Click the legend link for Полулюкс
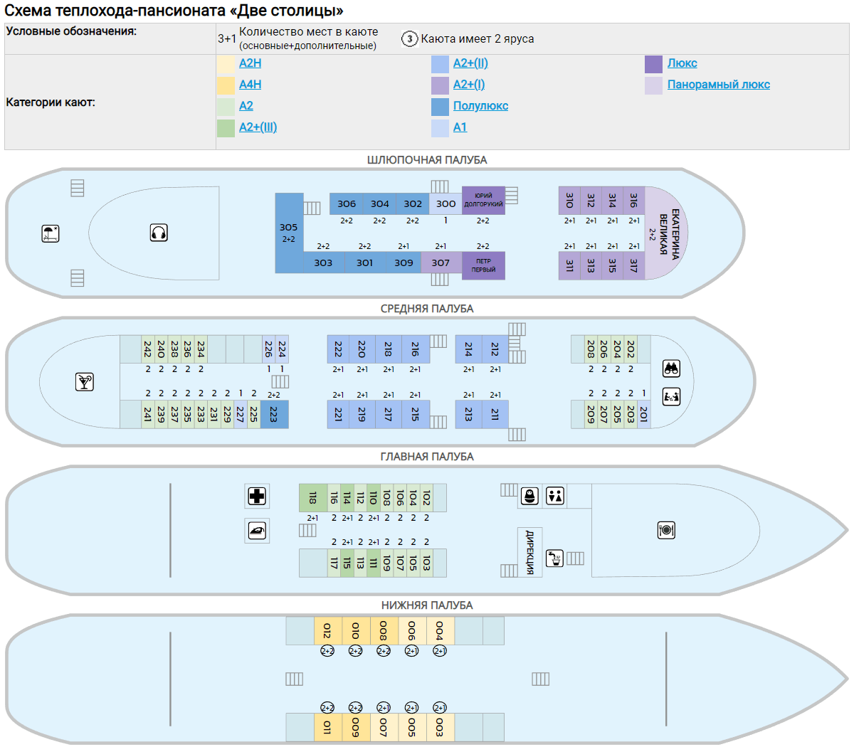480,106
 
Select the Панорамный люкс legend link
718,85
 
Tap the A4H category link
250,85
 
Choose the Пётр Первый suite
483,265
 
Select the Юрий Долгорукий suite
483,200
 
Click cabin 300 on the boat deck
446,203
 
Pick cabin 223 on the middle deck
274,414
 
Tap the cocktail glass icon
85,382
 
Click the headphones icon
159,233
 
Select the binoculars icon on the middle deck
671,369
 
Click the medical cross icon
257,496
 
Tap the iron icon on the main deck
257,530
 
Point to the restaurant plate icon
666,530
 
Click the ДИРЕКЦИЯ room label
529,551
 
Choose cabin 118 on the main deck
312,498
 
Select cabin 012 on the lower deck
327,631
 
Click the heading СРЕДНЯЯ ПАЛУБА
426,309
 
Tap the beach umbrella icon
51,233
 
